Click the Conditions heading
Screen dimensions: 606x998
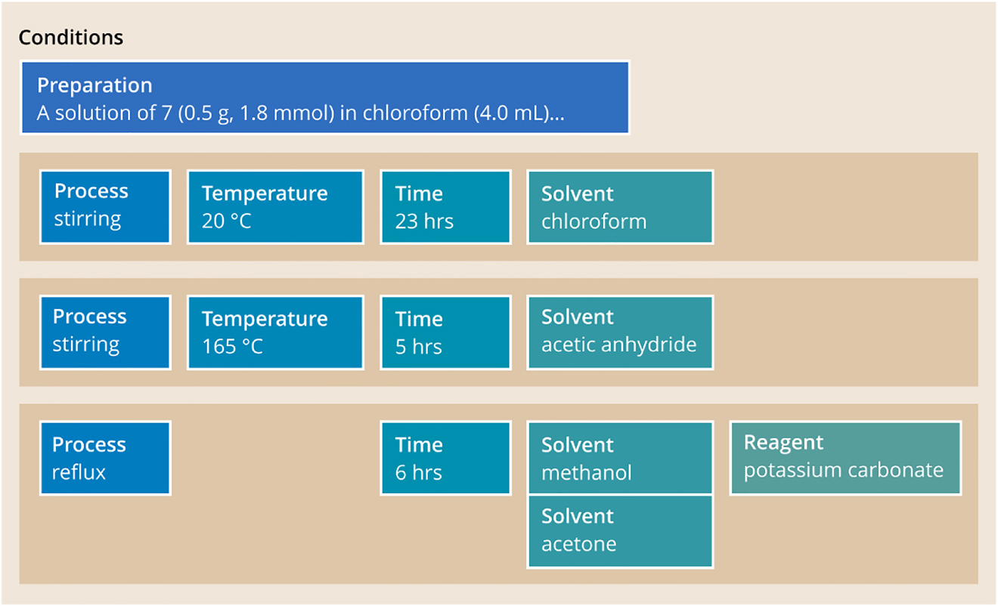point(71,37)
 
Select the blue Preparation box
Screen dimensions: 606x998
point(325,98)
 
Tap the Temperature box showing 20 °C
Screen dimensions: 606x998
point(275,206)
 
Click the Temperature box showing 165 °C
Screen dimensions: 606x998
point(275,332)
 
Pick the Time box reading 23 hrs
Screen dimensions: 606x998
point(445,206)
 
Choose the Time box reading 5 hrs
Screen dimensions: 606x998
point(445,332)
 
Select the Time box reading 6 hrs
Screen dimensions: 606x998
point(445,459)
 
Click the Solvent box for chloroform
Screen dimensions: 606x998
point(620,206)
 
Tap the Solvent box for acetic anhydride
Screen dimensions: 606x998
point(620,332)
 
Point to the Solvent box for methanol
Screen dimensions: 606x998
point(620,459)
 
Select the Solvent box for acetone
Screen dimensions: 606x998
point(620,530)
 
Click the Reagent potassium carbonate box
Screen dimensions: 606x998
point(845,459)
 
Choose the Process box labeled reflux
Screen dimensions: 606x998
point(105,459)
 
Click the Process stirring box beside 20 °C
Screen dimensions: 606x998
point(105,206)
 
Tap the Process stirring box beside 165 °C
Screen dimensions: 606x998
point(105,332)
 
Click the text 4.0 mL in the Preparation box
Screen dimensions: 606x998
point(507,113)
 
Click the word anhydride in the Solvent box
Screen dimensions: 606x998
point(656,345)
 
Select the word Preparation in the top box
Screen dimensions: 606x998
point(95,85)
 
